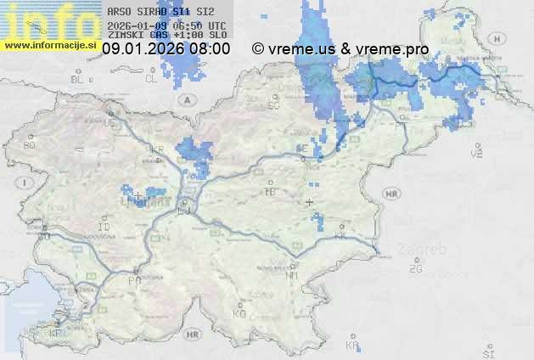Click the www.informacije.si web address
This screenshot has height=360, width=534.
click(51, 45)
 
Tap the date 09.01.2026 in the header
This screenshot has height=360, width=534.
click(141, 49)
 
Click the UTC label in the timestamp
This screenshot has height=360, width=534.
click(218, 25)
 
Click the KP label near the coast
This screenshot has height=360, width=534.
click(55, 334)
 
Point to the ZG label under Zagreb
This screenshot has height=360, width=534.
click(415, 269)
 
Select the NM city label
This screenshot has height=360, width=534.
click(292, 276)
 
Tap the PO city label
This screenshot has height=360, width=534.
click(133, 280)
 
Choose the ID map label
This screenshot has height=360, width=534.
click(104, 228)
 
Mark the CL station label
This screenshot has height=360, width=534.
click(151, 78)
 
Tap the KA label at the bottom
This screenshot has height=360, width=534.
click(351, 346)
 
